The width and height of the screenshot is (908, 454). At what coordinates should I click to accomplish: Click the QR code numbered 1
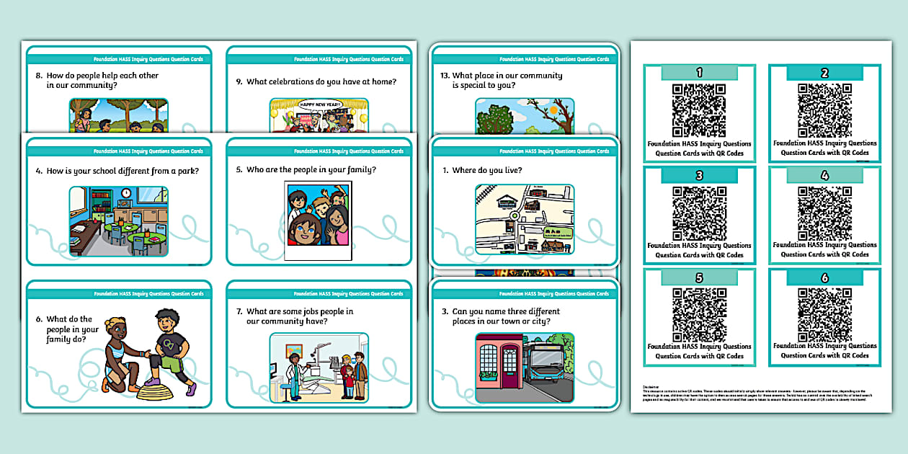click(698, 110)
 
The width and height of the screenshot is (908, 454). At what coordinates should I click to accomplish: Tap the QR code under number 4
click(824, 212)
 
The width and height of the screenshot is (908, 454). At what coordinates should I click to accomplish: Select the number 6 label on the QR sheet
click(824, 278)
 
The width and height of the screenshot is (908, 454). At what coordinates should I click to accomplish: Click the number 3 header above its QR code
click(698, 176)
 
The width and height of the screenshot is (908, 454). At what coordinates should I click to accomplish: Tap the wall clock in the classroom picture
click(126, 193)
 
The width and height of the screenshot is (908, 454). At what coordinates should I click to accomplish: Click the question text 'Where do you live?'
click(487, 171)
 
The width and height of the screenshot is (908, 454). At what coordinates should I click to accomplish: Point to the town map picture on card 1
click(525, 219)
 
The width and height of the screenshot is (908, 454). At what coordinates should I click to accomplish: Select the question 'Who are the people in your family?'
click(311, 170)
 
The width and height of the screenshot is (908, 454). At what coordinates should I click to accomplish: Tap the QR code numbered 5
click(698, 313)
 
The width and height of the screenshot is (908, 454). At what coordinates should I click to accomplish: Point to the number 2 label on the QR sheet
click(824, 73)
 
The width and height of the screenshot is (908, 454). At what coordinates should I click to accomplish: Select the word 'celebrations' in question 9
click(290, 82)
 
